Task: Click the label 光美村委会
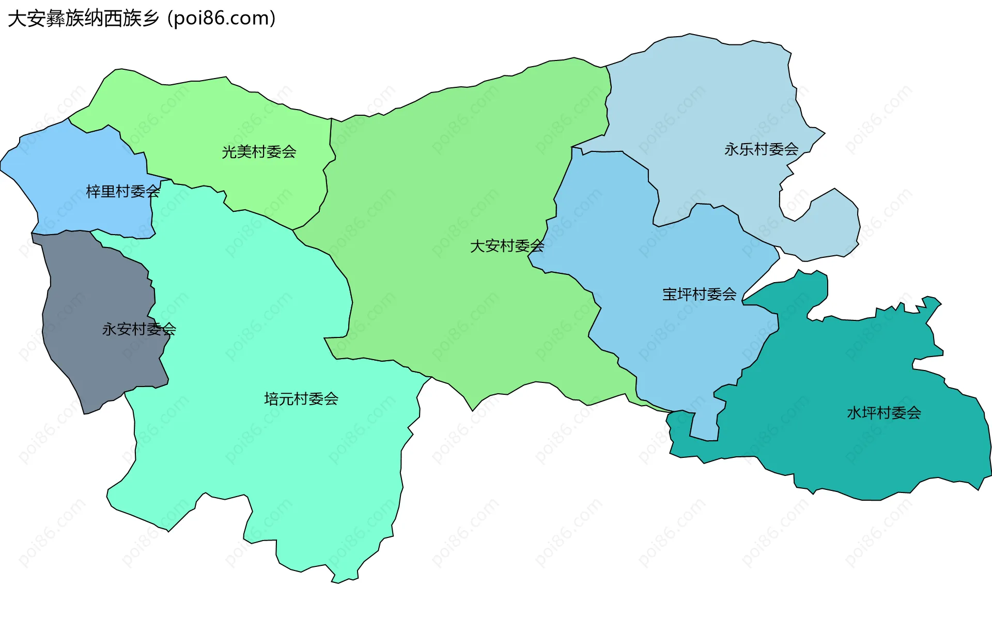pos(259,152)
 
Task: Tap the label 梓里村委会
pos(123,192)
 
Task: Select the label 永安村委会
pos(139,329)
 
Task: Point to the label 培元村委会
pos(301,399)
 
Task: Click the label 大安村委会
pos(507,246)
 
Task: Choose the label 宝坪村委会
pos(699,295)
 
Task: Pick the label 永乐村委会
pos(761,149)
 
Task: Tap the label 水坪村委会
pos(884,413)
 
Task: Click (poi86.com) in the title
pos(222,19)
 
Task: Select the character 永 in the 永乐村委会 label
pos(731,149)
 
